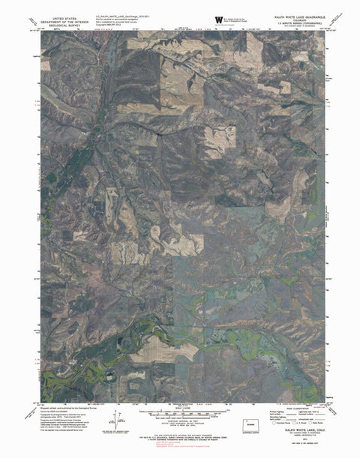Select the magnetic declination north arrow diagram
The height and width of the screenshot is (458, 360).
[x=115, y=420]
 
